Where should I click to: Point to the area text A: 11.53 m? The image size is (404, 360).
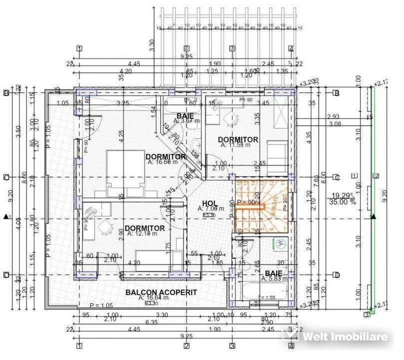(238, 145)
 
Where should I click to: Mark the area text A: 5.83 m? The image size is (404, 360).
(274, 278)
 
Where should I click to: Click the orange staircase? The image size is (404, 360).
(261, 205)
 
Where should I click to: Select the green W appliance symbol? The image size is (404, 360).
(280, 243)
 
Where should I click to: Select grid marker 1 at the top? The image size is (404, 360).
(79, 48)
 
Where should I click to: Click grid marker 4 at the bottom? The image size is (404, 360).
(291, 345)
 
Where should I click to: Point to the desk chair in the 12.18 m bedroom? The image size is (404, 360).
(105, 228)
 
